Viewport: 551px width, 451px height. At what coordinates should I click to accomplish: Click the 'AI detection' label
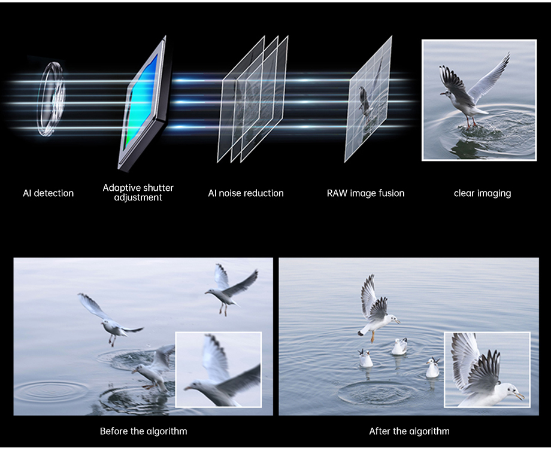[48, 193]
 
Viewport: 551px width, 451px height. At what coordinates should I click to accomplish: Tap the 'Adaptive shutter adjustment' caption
[138, 193]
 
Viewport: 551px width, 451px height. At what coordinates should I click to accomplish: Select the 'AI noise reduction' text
[246, 193]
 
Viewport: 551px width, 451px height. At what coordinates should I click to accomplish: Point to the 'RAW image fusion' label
[365, 193]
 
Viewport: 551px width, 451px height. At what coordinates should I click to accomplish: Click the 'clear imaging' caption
[482, 193]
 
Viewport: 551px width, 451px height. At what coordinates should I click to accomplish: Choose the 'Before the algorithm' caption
[143, 431]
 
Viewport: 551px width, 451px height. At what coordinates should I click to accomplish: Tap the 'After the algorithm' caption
[409, 431]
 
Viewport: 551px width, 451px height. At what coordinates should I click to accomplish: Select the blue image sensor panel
[142, 102]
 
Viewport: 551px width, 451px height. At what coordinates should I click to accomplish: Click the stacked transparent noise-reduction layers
[252, 99]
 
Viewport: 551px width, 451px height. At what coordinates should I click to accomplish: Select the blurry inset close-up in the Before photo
[218, 369]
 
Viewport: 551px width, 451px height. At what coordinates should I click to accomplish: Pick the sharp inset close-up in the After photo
[486, 369]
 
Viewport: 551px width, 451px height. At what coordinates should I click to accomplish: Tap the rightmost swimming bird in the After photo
[432, 368]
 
